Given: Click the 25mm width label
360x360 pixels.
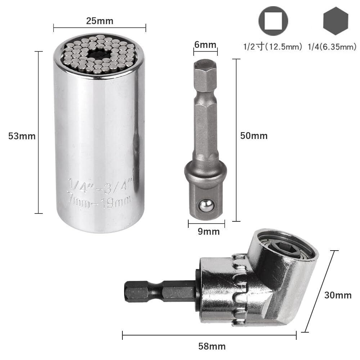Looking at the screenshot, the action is [x=100, y=21].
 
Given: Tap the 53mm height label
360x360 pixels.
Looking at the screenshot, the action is [x=22, y=136].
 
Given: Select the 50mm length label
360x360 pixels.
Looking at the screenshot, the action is [x=254, y=136].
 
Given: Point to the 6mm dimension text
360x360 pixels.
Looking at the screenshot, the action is [x=205, y=45].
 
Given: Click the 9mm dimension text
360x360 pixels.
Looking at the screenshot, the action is [x=209, y=231].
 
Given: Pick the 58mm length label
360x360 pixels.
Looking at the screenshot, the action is [x=212, y=346].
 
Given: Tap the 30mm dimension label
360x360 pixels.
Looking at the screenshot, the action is [x=338, y=295].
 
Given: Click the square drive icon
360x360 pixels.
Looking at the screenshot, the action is [x=273, y=21].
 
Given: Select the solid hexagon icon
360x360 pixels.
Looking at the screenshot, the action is [x=336, y=21].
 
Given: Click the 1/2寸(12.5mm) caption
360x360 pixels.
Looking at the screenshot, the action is [x=273, y=46].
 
